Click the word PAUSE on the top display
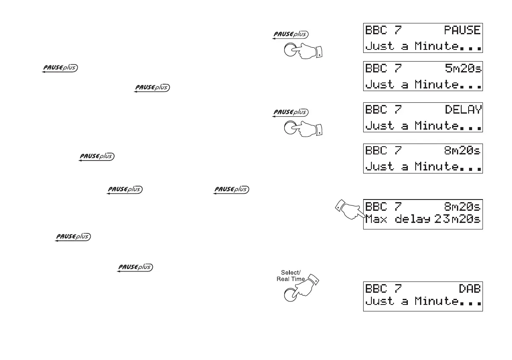[x=462, y=30]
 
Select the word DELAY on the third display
[x=463, y=110]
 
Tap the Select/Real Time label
[x=291, y=276]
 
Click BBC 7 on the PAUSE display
[x=384, y=30]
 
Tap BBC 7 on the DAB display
[x=384, y=288]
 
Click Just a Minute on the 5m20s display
[x=411, y=84]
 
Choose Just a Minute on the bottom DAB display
[x=411, y=301]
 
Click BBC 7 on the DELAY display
[x=384, y=110]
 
